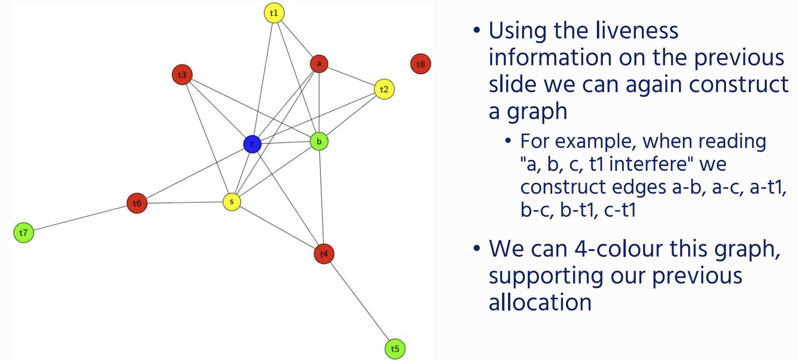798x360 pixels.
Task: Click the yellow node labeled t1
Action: pos(274,13)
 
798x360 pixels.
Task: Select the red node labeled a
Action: pos(319,64)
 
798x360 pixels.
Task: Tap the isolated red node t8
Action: pos(421,64)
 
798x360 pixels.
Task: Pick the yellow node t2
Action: pos(384,89)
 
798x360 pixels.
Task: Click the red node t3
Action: pos(182,75)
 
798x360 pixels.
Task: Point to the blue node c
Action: pos(252,144)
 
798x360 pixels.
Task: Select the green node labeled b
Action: pos(319,142)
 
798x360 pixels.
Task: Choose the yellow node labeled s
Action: pos(232,202)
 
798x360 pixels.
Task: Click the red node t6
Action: pos(137,203)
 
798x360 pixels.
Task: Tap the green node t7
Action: pos(24,233)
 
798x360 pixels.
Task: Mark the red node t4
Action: pos(324,254)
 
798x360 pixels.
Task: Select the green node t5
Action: pos(395,349)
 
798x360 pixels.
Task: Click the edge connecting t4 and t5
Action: pos(360,301)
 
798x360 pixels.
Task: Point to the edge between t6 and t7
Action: pos(80,218)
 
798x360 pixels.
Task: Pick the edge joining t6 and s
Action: pos(185,202)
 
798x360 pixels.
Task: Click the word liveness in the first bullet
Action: pos(616,31)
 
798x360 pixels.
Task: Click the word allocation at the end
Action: pos(540,302)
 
